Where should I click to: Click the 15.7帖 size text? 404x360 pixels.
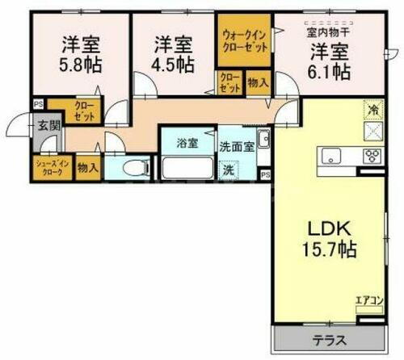329,249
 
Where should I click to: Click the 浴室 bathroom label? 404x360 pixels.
188,145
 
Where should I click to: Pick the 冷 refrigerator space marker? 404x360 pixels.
372,109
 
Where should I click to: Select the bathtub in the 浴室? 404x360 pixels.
187,170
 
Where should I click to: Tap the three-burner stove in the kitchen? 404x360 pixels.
372,157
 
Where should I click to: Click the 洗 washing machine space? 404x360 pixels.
229,171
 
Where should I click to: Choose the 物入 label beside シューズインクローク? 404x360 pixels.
90,168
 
